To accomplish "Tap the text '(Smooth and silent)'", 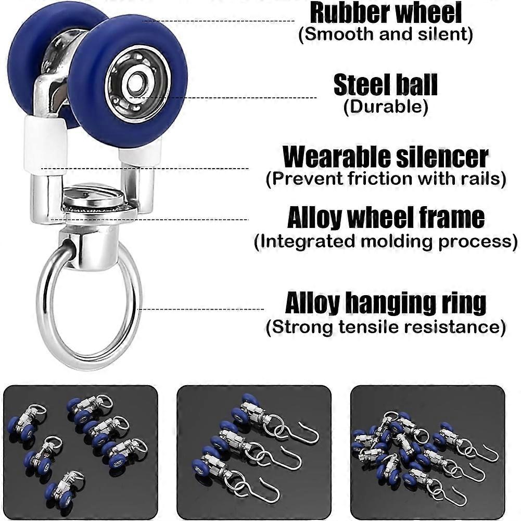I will coord(386,35).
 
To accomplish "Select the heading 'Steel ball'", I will coord(386,85).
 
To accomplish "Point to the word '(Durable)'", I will coord(386,107).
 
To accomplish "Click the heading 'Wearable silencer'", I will coord(386,157).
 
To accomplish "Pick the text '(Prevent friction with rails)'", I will coord(386,179).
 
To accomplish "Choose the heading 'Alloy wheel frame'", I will coord(386,218).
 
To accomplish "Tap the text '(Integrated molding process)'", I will coord(386,242).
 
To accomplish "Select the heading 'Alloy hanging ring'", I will coord(386,303).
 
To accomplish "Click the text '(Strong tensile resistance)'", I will coord(386,327).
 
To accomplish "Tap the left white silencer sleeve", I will coord(43,143).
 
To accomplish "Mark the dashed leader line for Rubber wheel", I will coord(219,21).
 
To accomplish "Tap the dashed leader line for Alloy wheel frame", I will coord(156,220).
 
